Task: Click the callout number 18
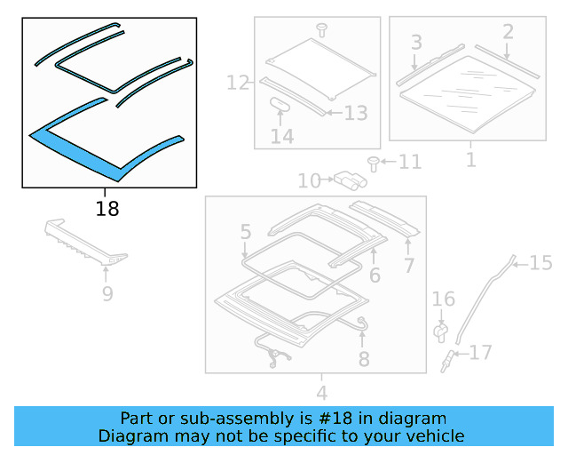click(106, 210)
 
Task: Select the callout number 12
click(239, 84)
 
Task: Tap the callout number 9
click(106, 293)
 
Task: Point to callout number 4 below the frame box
click(321, 392)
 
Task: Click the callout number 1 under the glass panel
click(470, 160)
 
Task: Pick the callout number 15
click(540, 262)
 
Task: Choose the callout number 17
click(480, 353)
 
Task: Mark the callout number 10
click(309, 181)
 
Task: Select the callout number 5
click(246, 233)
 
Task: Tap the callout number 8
click(364, 359)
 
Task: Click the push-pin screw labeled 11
click(374, 162)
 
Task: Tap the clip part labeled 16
click(439, 331)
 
